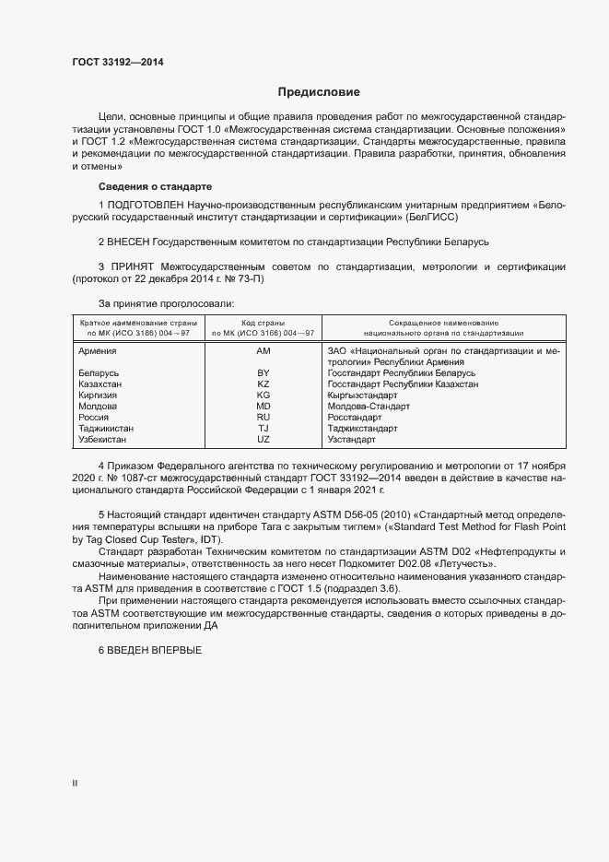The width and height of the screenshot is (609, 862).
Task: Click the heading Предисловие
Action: coord(320,92)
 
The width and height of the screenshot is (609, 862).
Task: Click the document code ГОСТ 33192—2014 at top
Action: coord(119,62)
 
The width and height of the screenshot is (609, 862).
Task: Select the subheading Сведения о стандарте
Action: coord(155,186)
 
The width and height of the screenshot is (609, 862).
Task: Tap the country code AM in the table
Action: coord(263,351)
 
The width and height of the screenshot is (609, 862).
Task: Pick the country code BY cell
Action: coord(263,373)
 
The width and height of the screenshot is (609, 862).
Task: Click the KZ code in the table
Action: coord(263,384)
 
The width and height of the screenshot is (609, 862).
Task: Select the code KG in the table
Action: coord(263,396)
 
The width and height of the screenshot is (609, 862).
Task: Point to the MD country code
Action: coord(263,407)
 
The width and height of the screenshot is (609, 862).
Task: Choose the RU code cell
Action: coord(263,418)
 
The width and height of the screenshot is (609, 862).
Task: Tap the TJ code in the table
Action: coord(263,429)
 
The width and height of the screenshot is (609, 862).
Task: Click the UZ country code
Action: coord(263,440)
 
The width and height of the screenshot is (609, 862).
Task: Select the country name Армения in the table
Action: coord(98,351)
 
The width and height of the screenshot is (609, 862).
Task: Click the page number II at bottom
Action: coord(75,783)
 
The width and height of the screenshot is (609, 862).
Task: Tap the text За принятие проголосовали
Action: coord(166,302)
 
